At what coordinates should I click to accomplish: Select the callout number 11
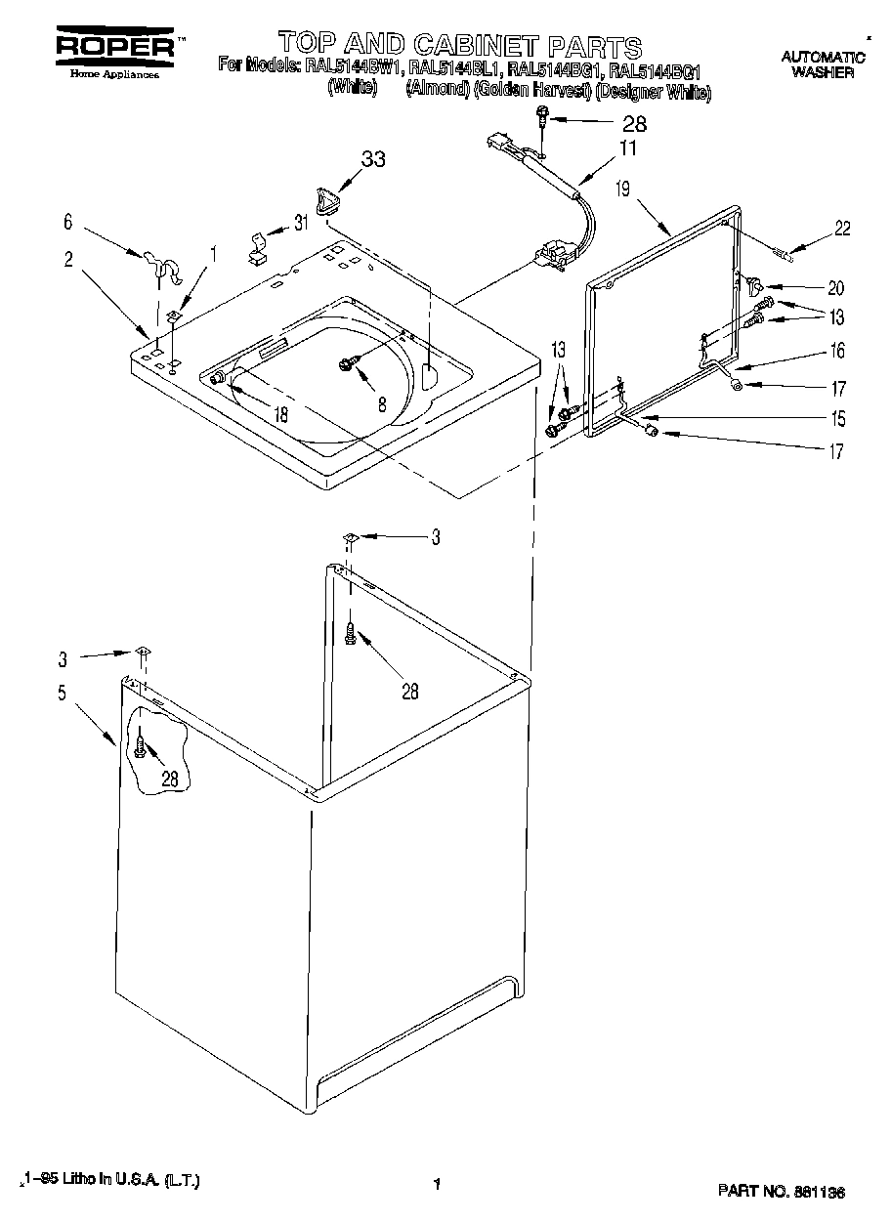tap(626, 149)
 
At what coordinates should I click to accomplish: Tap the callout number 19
tap(622, 189)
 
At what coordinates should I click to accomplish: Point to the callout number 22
tap(842, 230)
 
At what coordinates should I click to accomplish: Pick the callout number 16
tap(836, 351)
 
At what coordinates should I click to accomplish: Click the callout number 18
tap(281, 413)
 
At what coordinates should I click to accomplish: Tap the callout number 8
tap(382, 401)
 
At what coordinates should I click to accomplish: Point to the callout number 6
tap(67, 222)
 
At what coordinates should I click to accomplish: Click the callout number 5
tap(62, 694)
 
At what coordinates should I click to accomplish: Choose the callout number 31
tap(301, 223)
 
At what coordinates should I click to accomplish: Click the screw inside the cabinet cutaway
tap(141, 749)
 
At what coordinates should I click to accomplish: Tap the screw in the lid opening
tap(346, 363)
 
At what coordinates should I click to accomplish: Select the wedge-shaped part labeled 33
tap(329, 199)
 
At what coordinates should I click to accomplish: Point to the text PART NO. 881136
tap(782, 1192)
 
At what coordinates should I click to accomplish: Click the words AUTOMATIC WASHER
tap(823, 64)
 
